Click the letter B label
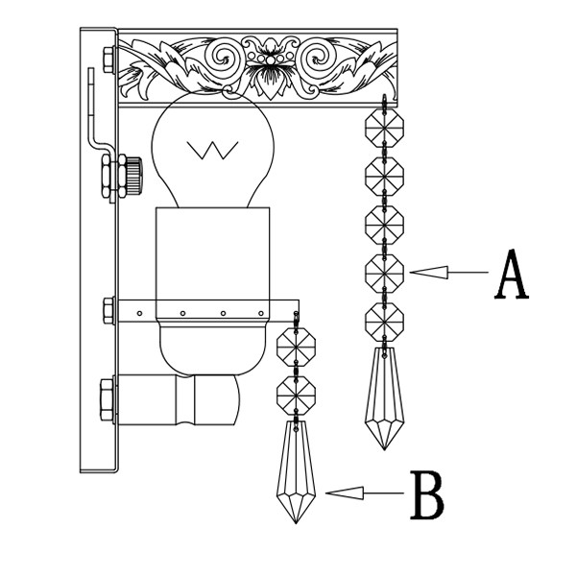[427, 494]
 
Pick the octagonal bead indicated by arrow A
[385, 273]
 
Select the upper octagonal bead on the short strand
[297, 345]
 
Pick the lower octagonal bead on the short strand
[297, 393]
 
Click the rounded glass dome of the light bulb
[213, 144]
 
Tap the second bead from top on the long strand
[385, 175]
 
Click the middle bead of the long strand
[385, 225]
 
